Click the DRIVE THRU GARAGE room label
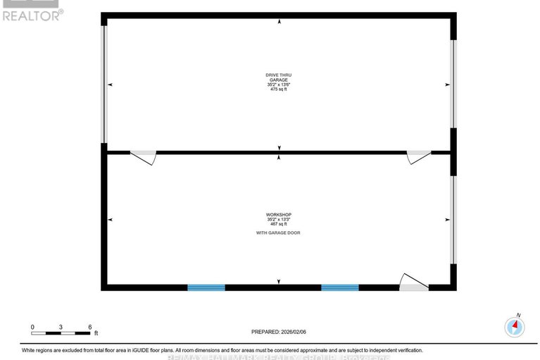[278, 77]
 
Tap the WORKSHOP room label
[278, 214]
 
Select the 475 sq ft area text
[278, 89]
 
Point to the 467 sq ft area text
[278, 224]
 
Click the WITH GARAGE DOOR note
[278, 232]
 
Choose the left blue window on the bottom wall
[206, 287]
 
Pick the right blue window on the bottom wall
[340, 287]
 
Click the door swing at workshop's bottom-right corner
[413, 283]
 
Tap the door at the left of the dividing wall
[144, 157]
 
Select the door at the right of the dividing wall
[418, 157]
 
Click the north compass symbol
[515, 326]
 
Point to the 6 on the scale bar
[90, 327]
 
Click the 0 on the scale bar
[32, 327]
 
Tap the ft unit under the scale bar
[96, 333]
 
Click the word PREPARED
[266, 331]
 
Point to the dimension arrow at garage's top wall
[280, 21]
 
